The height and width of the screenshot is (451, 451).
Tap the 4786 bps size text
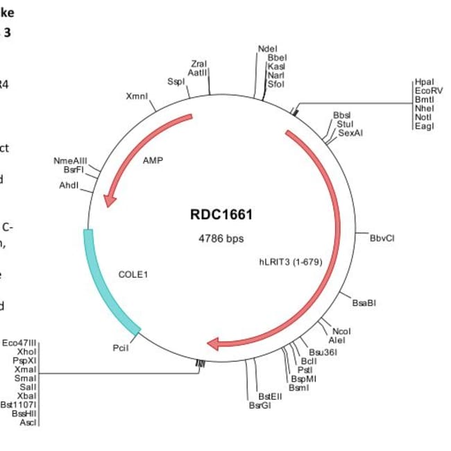coord(221,238)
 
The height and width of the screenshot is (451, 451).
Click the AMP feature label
coord(152,160)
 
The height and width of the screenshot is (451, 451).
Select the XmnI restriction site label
coord(137,96)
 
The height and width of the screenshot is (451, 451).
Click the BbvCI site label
coord(382,237)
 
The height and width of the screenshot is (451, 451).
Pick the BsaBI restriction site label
coord(364,302)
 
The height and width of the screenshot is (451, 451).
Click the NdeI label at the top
coord(267,49)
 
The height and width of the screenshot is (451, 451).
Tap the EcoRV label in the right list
coord(425,90)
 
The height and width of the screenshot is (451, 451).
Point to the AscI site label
coord(27,423)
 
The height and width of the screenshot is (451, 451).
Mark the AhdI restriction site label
coord(69,186)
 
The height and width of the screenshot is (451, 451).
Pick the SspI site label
coord(176,81)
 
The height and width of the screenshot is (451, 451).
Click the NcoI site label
coord(341,331)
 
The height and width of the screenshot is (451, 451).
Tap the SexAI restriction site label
coord(351,133)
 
